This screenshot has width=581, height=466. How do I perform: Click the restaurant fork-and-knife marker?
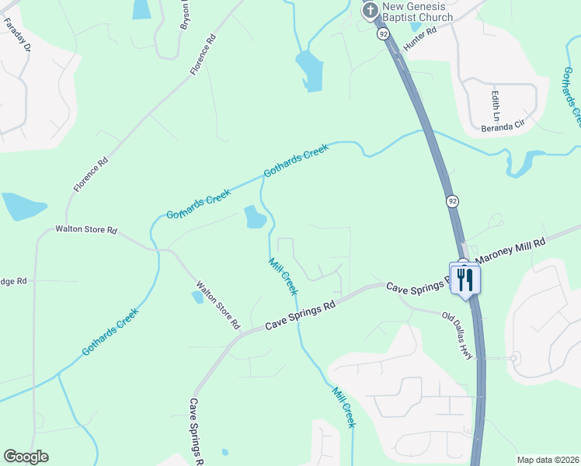click(465, 279)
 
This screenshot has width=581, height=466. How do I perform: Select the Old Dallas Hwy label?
click(457, 333)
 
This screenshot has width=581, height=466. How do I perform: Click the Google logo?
click(26, 457)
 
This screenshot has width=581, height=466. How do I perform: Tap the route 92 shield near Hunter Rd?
click(383, 34)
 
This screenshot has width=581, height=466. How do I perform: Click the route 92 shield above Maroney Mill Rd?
click(452, 201)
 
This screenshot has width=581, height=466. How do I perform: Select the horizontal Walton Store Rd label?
click(85, 230)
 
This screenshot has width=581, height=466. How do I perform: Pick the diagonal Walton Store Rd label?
click(218, 305)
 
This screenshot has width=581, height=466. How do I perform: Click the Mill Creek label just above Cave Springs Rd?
click(282, 276)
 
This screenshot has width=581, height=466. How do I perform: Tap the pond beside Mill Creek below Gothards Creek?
click(254, 217)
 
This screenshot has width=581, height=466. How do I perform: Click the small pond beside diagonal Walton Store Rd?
click(197, 297)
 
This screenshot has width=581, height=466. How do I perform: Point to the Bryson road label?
click(185, 15)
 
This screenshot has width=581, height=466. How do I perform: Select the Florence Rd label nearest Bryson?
click(201, 54)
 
